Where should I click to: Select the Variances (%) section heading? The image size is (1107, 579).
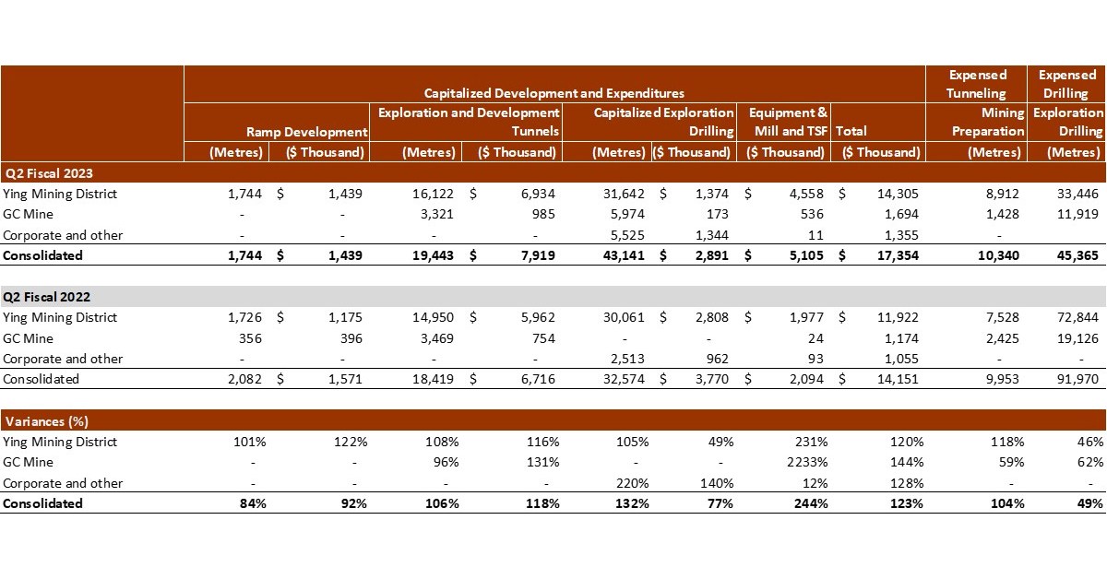pos(46,421)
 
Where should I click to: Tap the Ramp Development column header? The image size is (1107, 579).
pos(306,132)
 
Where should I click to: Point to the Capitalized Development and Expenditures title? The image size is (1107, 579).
pos(553,93)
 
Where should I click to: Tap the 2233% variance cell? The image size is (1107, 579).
pos(804,463)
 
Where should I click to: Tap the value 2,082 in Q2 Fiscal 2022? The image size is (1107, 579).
pos(244,379)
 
